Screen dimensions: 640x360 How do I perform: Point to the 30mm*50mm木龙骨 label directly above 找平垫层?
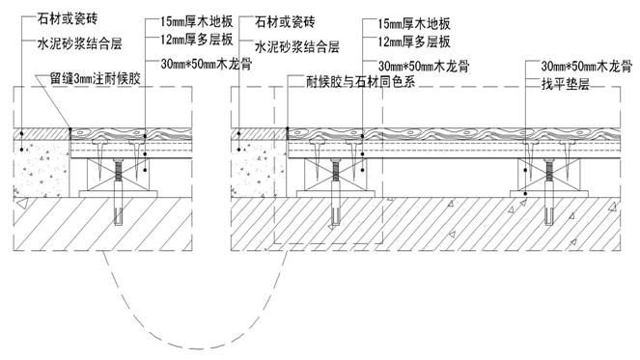click(x=575, y=66)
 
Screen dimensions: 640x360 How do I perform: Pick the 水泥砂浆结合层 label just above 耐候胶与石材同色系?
click(x=297, y=45)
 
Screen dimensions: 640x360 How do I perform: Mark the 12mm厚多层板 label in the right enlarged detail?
click(x=405, y=42)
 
